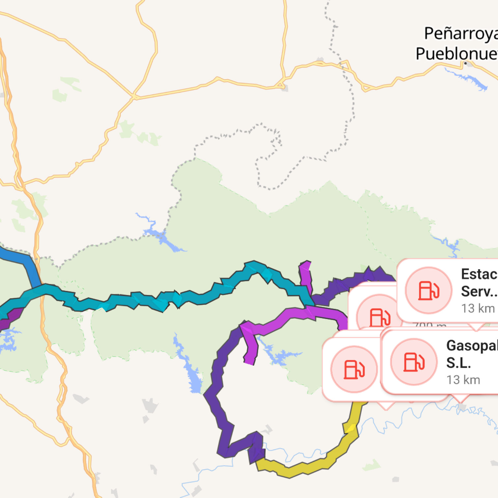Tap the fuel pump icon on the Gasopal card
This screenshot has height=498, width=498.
[414, 362]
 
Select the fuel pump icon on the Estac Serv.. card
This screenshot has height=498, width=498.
[429, 290]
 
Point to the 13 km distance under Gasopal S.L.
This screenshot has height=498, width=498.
[463, 380]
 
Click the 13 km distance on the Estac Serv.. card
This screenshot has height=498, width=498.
[478, 309]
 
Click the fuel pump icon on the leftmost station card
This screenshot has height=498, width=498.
[354, 369]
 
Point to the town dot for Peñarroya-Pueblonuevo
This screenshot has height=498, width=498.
[465, 63]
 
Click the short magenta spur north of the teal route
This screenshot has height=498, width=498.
[306, 277]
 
